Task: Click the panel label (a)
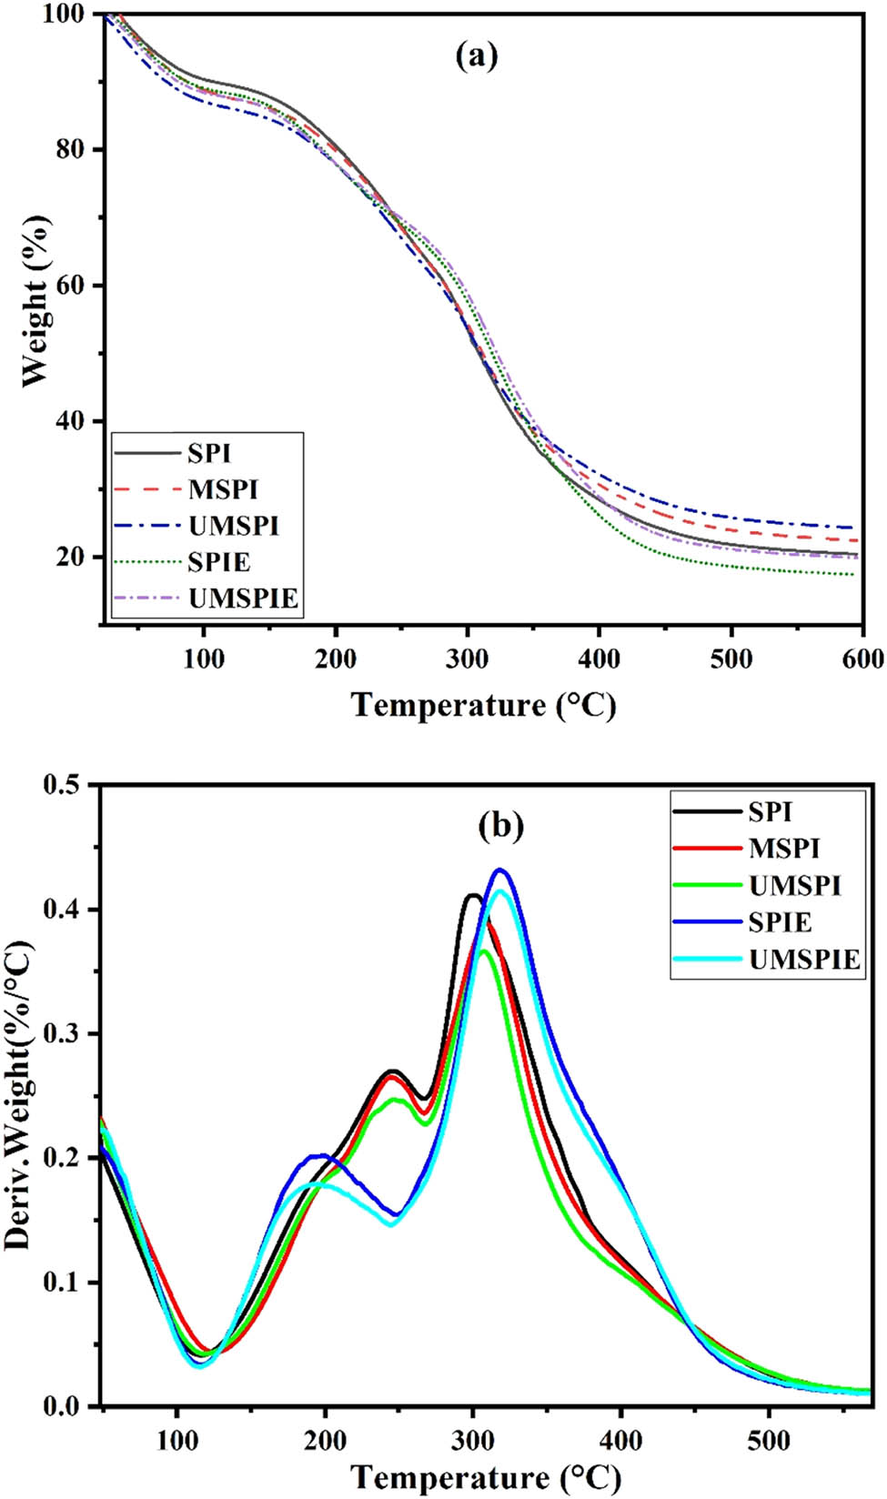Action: (477, 56)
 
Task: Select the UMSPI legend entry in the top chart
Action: (233, 526)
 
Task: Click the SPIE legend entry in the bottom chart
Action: (780, 922)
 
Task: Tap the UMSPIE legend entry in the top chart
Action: (243, 599)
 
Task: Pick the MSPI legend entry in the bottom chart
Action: (783, 849)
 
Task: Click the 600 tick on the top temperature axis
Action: (862, 659)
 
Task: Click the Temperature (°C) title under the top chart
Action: (484, 705)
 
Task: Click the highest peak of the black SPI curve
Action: (472, 896)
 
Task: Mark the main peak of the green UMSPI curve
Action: (484, 951)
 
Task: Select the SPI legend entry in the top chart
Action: (208, 453)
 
